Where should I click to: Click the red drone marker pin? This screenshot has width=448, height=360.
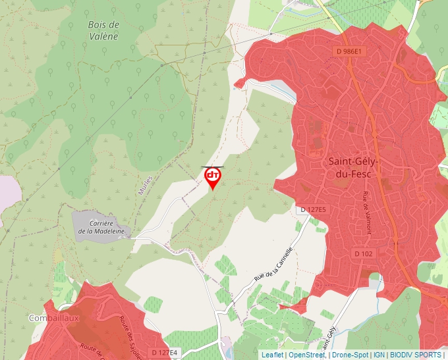click(x=212, y=177)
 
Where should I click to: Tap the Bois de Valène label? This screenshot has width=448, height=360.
click(x=103, y=30)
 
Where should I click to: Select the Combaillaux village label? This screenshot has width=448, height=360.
click(x=54, y=318)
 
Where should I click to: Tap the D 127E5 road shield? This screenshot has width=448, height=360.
click(x=314, y=209)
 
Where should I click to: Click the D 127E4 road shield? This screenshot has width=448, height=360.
click(x=164, y=353)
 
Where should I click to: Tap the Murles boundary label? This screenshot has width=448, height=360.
click(x=147, y=186)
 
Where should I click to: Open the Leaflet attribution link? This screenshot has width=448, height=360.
click(x=272, y=355)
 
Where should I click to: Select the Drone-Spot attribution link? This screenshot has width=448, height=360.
click(x=350, y=355)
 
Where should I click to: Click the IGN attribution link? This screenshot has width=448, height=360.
click(x=379, y=355)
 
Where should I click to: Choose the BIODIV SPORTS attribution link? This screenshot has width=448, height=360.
click(x=416, y=355)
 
